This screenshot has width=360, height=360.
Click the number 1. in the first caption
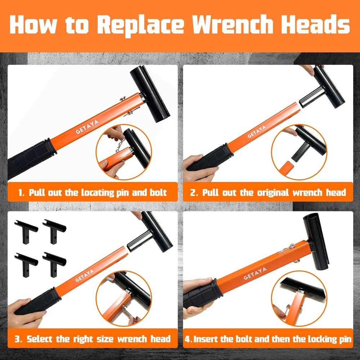[22, 192]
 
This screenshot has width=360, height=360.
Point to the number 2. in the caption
[194, 192]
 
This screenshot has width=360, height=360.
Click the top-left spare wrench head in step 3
[26, 230]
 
